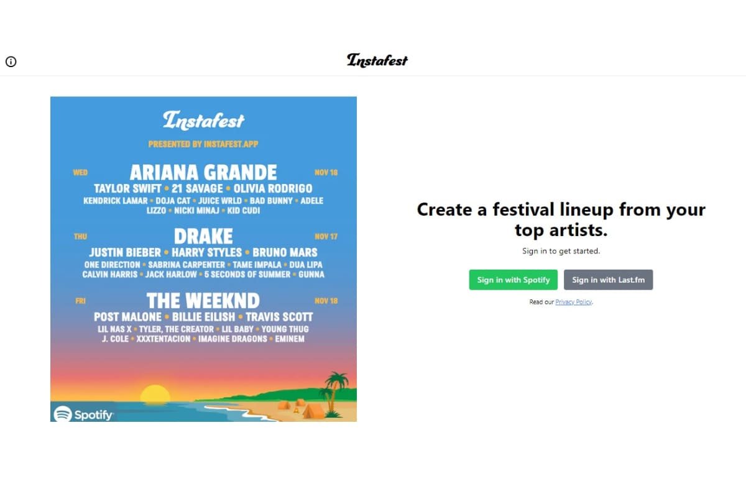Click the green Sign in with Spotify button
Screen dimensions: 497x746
[513, 280]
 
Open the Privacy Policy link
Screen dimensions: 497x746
[573, 302]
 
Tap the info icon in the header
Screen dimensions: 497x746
[11, 62]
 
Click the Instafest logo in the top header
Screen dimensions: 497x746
[377, 60]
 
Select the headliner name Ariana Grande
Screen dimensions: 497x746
[203, 171]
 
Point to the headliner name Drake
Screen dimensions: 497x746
[203, 236]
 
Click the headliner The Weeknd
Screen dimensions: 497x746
[203, 301]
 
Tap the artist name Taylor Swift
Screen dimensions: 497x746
[127, 188]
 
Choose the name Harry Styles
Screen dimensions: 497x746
[207, 252]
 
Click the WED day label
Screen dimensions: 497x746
[80, 172]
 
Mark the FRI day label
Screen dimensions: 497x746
[80, 301]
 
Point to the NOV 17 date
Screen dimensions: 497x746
[326, 237]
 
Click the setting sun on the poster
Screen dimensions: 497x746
[155, 394]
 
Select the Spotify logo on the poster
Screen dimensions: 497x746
[83, 414]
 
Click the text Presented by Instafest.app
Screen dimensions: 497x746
[203, 144]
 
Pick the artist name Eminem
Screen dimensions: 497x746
[289, 339]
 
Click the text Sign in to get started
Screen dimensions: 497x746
[561, 251]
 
